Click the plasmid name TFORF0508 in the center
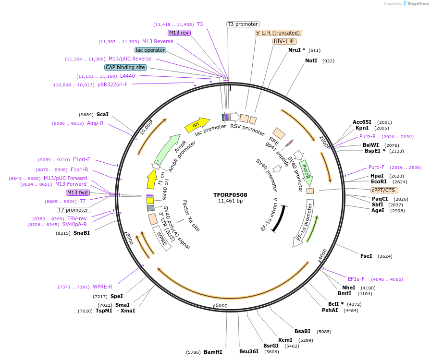click(x=230, y=195)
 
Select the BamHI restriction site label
click(x=213, y=352)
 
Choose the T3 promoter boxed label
click(x=243, y=24)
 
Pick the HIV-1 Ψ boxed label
click(x=284, y=41)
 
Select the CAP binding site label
click(x=125, y=68)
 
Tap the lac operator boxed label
click(x=150, y=50)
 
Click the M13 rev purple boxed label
click(x=179, y=33)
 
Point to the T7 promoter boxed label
click(x=74, y=210)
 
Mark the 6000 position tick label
click(x=221, y=306)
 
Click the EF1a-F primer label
click(x=356, y=279)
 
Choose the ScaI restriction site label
click(x=102, y=114)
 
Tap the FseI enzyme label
click(x=366, y=256)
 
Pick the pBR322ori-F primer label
click(x=112, y=84)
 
